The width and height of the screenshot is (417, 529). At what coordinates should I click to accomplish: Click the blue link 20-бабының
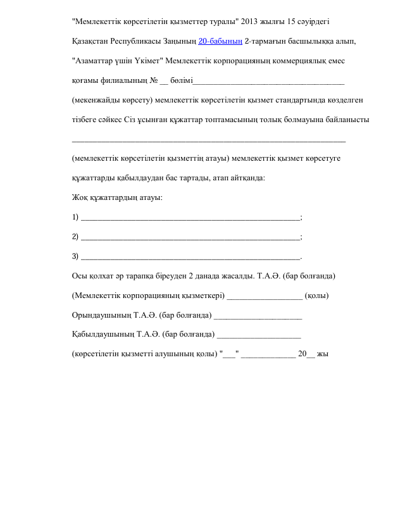pos(220,41)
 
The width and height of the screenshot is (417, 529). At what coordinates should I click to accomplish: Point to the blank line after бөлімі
pos(268,82)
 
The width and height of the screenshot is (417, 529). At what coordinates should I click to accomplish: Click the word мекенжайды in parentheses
pos(96,100)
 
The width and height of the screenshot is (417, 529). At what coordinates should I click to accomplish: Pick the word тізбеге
pos(85,120)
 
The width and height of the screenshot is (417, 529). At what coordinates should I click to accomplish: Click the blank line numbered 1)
pos(190,218)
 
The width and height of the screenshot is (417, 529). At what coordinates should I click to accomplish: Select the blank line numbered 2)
pos(190,237)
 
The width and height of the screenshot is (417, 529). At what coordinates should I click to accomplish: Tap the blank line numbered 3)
pos(190,257)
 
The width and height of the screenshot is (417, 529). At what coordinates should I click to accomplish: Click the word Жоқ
pos(80,198)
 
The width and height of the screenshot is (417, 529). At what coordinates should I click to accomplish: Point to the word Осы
pos(80,277)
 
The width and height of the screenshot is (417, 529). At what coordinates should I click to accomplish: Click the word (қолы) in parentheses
pos(316,296)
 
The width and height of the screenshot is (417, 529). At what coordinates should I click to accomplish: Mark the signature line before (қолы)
pos(265,296)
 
